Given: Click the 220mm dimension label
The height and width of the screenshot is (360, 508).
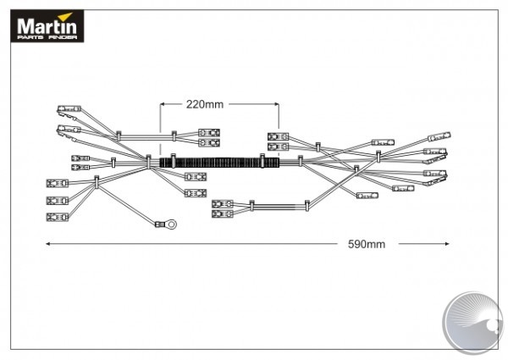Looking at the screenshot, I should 205,104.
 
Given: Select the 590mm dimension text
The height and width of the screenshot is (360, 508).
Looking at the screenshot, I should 367,245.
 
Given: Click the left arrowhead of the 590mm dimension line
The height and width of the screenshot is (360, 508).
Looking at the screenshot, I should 48,244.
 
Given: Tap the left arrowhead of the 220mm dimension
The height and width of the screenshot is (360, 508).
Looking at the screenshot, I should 163,104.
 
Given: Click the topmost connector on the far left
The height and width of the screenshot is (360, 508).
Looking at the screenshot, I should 67,108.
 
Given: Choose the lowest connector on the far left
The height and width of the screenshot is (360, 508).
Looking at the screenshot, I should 57,216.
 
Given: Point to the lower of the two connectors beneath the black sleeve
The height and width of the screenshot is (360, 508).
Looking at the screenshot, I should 223,214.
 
